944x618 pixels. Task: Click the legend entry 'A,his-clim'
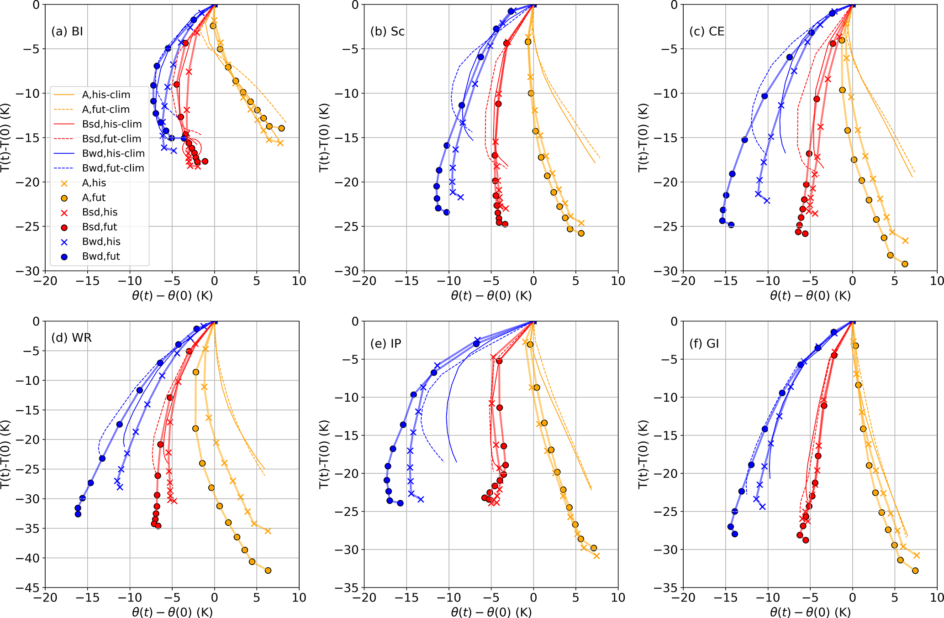106,95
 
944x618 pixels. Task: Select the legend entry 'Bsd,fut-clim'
112,139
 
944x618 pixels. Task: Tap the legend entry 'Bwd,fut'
101,257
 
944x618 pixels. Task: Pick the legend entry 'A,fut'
94,198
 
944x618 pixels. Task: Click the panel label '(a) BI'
67,31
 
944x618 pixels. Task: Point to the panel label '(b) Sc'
387,31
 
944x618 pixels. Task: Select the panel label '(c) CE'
707,31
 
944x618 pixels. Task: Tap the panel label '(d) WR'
71,338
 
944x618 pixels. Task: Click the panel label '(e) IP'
386,344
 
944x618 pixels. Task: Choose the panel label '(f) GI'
704,344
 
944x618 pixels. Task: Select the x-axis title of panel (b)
491,296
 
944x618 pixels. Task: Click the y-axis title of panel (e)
324,455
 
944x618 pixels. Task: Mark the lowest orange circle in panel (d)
268,571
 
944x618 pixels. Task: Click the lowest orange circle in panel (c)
905,264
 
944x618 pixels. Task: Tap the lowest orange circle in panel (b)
581,233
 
